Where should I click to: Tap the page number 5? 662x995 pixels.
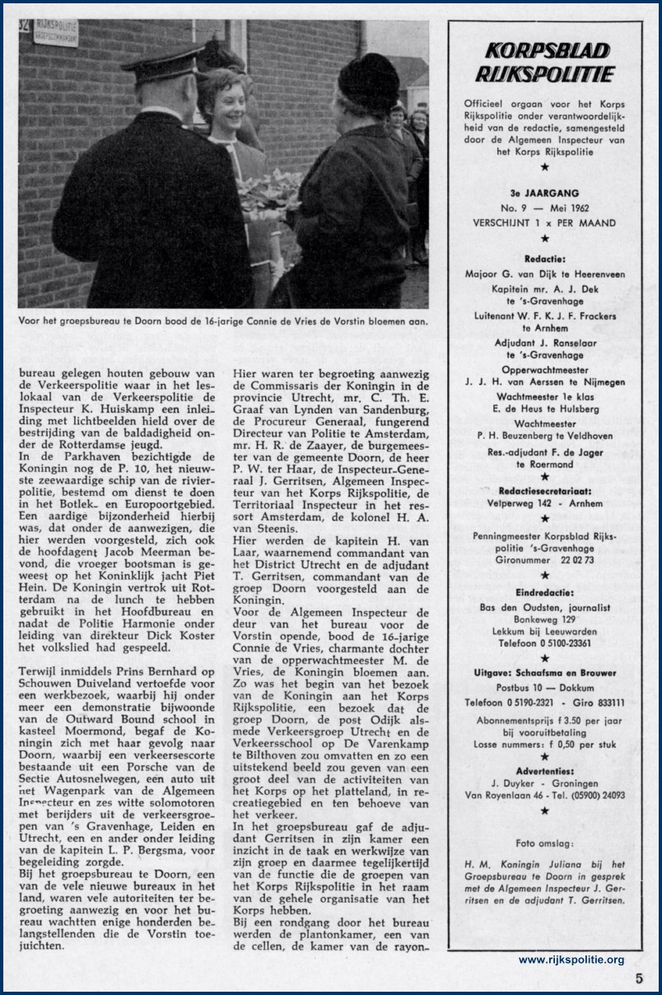[639, 979]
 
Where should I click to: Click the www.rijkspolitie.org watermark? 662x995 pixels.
[571, 960]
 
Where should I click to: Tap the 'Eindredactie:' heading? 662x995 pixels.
[544, 591]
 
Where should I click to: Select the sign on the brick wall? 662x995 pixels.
[54, 33]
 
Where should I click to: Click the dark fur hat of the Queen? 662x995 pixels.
[368, 82]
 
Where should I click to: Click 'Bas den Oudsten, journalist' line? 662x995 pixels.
[544, 608]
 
